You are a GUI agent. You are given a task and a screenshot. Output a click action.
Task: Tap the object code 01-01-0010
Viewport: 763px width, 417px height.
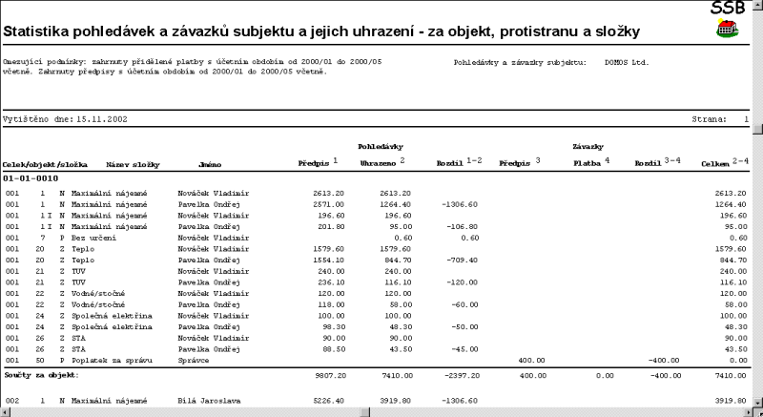(x=31, y=178)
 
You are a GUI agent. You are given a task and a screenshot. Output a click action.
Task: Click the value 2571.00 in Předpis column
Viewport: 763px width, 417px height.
(x=329, y=204)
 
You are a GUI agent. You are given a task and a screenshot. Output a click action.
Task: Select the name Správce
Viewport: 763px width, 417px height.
(x=195, y=360)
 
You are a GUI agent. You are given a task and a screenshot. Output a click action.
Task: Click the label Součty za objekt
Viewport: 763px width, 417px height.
(x=39, y=376)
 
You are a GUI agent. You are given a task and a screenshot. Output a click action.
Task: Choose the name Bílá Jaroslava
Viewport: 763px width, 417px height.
(x=207, y=401)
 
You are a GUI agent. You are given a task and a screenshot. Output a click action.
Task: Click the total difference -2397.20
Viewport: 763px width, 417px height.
(x=458, y=376)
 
